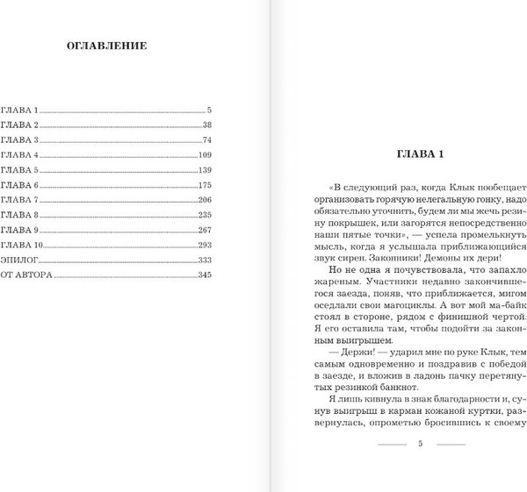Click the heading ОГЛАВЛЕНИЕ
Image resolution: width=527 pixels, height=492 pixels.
tap(107, 46)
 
